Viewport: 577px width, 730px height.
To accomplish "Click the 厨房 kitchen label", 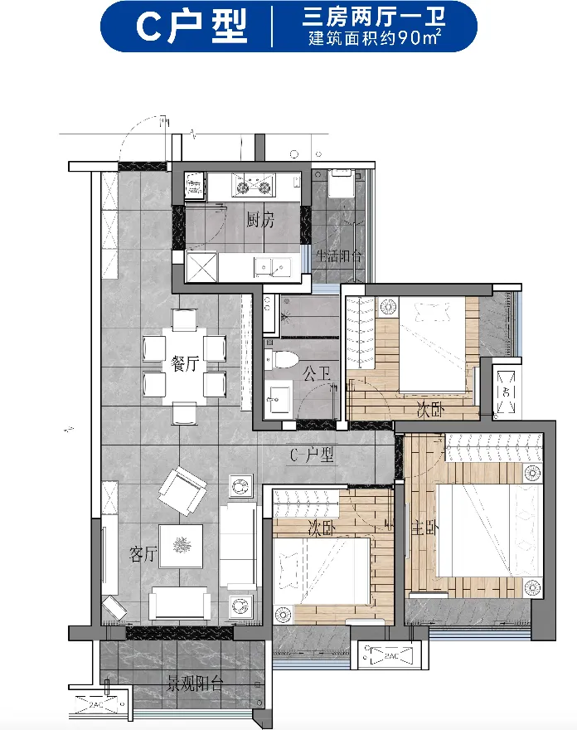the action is [260, 219].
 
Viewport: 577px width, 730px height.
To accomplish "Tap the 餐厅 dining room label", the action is [185, 363].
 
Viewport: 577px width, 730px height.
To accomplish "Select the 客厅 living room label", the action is [143, 554].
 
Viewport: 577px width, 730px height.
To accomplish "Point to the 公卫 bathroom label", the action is [317, 373].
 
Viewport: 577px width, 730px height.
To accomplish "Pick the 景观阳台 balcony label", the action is [195, 683].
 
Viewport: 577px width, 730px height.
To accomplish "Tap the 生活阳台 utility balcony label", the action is [338, 256].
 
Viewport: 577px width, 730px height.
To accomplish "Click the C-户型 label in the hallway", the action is [312, 455].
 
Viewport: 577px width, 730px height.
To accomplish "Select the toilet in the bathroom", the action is [281, 359].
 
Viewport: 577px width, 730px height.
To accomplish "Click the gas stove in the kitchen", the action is [253, 183].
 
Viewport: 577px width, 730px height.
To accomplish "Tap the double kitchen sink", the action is [272, 267].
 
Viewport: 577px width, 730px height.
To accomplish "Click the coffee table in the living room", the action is [181, 547].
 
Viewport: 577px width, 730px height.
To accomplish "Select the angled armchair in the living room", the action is [182, 492].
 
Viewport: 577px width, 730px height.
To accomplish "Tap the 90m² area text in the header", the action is [419, 37].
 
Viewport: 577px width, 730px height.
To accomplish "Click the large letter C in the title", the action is [149, 27].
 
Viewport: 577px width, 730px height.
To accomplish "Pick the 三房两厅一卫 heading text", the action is [374, 17].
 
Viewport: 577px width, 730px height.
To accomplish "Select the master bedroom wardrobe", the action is [494, 447].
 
